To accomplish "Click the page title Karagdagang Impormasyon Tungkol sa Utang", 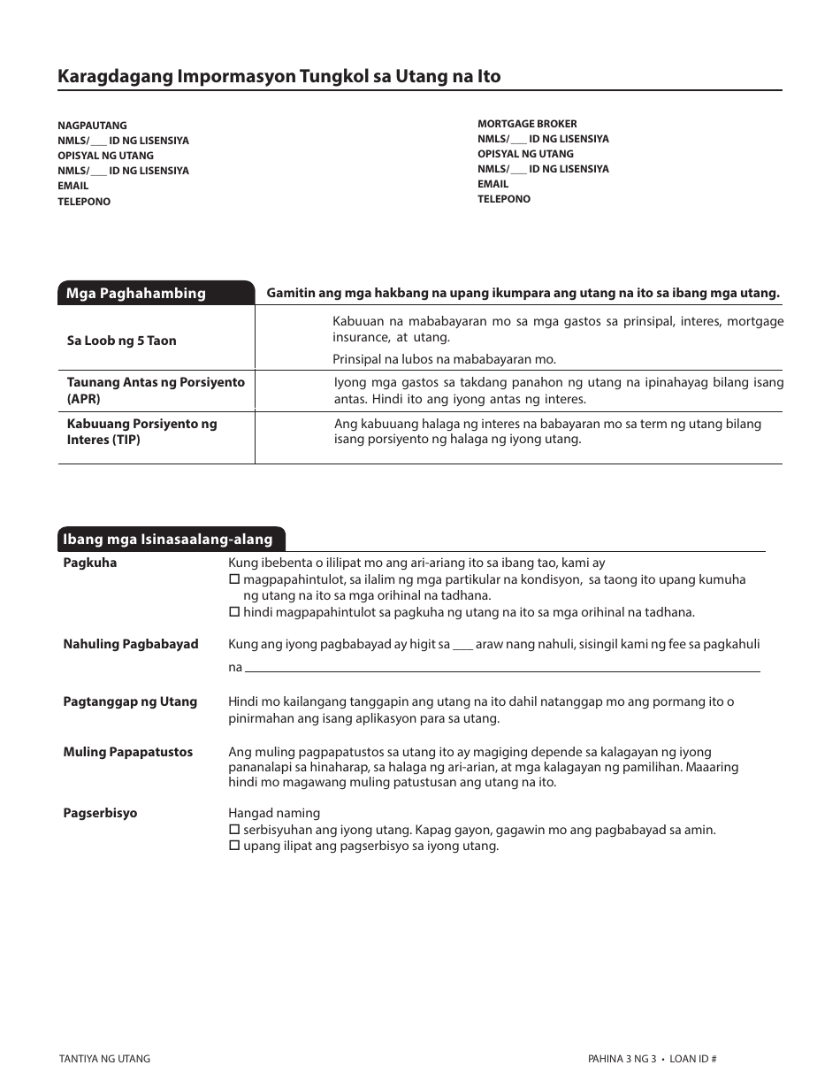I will (279, 77).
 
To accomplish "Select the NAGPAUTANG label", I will (92, 126).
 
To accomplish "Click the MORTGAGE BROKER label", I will (527, 124).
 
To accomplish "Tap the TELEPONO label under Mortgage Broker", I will (504, 199).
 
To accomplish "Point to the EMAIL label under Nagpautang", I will (73, 186).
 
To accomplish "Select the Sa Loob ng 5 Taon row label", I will (121, 341).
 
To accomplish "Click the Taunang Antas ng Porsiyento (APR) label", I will (155, 390).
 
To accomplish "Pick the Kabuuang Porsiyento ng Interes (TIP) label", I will (141, 432).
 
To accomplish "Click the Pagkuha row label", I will (89, 563).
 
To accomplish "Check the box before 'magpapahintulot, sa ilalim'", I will (234, 580).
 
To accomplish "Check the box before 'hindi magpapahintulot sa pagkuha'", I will (234, 612).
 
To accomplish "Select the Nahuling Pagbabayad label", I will (130, 644).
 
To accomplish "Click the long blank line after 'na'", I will (501, 669).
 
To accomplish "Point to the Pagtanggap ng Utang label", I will (129, 701).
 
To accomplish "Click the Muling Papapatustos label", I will (127, 752).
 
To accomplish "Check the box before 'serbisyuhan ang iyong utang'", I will (234, 830).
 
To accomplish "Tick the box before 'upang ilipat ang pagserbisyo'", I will (234, 846).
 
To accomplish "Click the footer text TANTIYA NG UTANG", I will (104, 1059).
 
